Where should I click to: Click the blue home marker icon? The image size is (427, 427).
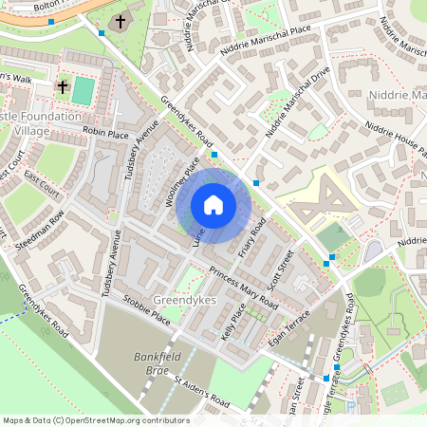point(213,204)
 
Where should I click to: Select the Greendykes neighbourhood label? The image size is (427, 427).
point(185,298)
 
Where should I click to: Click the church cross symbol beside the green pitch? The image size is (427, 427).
point(63,87)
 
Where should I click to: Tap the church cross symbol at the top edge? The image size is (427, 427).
point(121,21)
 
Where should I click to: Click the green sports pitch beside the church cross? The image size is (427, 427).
point(84,91)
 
